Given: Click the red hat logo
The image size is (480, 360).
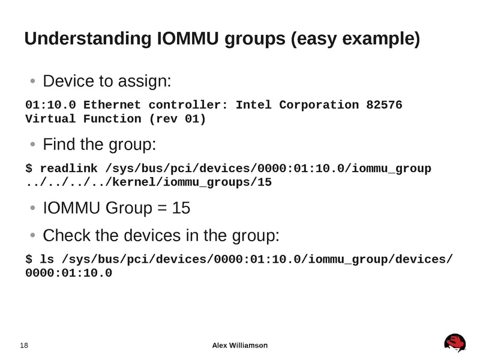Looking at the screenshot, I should coord(455,343).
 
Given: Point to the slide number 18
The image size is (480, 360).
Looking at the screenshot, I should coord(25,346).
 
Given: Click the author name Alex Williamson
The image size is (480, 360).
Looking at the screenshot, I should coord(240,345).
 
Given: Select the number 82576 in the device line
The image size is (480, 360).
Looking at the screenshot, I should coord(384,106).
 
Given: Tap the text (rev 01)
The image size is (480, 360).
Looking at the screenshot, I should coord(178,119).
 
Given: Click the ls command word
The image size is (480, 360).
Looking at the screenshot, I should coord(47,259).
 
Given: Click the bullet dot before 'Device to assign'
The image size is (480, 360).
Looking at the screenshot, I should coord(33,81).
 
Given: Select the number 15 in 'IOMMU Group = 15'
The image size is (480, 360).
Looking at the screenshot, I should coord(181,208).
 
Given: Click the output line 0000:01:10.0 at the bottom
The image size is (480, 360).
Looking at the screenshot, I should coord(68,273).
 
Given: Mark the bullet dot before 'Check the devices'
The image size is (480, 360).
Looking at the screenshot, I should coord(33,236).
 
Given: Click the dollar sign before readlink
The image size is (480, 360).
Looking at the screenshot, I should coord(29,168).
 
